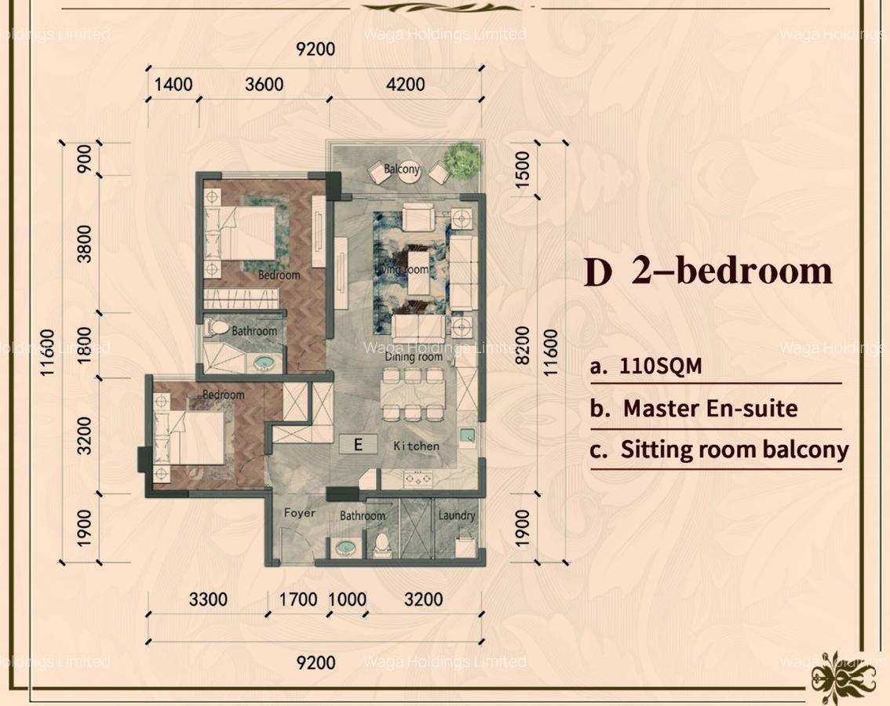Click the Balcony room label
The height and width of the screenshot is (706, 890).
tap(402, 169)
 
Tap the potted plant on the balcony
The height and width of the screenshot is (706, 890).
tap(462, 159)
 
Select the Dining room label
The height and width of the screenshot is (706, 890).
tap(414, 357)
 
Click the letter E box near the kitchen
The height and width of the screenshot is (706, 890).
tap(358, 445)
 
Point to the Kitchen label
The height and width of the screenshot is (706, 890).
tap(417, 446)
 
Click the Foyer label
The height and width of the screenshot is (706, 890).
tap(299, 513)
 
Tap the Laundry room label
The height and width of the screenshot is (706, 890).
tap(457, 515)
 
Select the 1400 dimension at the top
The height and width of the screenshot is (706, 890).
tap(173, 84)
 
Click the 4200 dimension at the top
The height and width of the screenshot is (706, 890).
tap(405, 84)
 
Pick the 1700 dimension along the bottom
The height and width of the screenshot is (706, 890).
tap(298, 600)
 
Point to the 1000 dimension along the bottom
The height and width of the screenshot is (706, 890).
tap(347, 600)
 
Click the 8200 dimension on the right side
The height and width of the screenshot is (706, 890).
tap(523, 346)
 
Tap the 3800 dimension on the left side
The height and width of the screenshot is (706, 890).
tap(85, 244)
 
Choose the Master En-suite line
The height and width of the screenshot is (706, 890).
tap(709, 409)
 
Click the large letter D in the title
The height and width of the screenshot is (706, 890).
tap(598, 272)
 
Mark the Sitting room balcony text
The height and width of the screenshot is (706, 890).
tap(734, 450)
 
